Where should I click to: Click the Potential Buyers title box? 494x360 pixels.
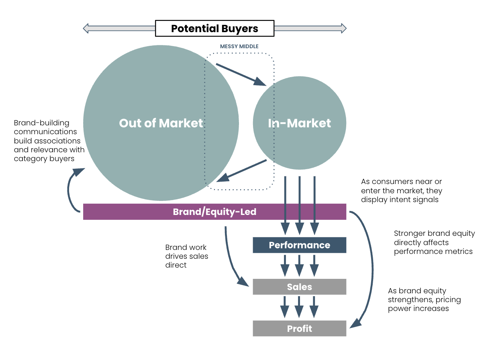[x=214, y=29]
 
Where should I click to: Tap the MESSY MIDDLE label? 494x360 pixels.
[x=239, y=47]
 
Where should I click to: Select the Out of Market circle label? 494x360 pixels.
[x=161, y=123]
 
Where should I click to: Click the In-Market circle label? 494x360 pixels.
[x=300, y=123]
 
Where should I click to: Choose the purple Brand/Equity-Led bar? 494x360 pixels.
[x=214, y=212]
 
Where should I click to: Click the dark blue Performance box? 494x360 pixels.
[x=300, y=245]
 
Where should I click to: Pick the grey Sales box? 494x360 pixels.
[x=300, y=287]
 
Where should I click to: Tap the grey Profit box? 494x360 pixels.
[x=300, y=329]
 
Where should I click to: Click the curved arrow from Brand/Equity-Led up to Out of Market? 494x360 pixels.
[x=72, y=191]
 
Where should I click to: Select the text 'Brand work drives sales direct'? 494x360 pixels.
[x=187, y=256]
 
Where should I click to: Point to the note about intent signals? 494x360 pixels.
[x=402, y=190]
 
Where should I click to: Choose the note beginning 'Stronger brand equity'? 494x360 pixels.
[x=434, y=242]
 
